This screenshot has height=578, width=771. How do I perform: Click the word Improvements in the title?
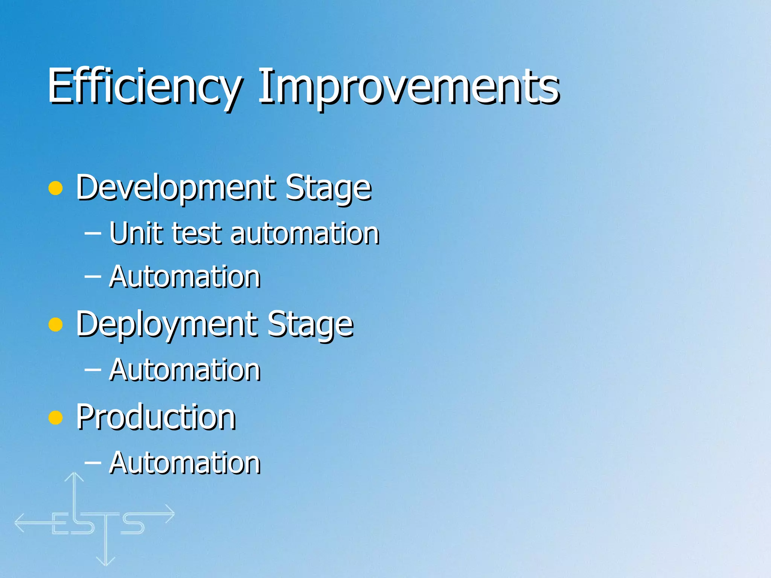tap(409, 87)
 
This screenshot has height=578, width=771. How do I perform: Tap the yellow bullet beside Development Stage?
tap(56, 188)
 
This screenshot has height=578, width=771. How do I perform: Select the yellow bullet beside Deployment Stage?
tap(56, 325)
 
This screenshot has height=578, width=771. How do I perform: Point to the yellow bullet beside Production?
tap(56, 417)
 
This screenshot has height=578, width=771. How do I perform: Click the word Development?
tap(175, 188)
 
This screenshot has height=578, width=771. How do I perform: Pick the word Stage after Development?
tap(328, 188)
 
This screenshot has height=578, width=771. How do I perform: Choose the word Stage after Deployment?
tap(310, 325)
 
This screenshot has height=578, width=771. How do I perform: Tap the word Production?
tap(156, 417)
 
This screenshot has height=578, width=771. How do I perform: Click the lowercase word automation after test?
tap(305, 234)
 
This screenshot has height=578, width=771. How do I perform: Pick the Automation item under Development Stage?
tap(185, 277)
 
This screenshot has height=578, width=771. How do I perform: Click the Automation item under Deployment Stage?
tap(185, 370)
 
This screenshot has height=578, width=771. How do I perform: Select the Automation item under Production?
tap(185, 463)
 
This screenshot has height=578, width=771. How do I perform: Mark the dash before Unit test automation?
tap(93, 233)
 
